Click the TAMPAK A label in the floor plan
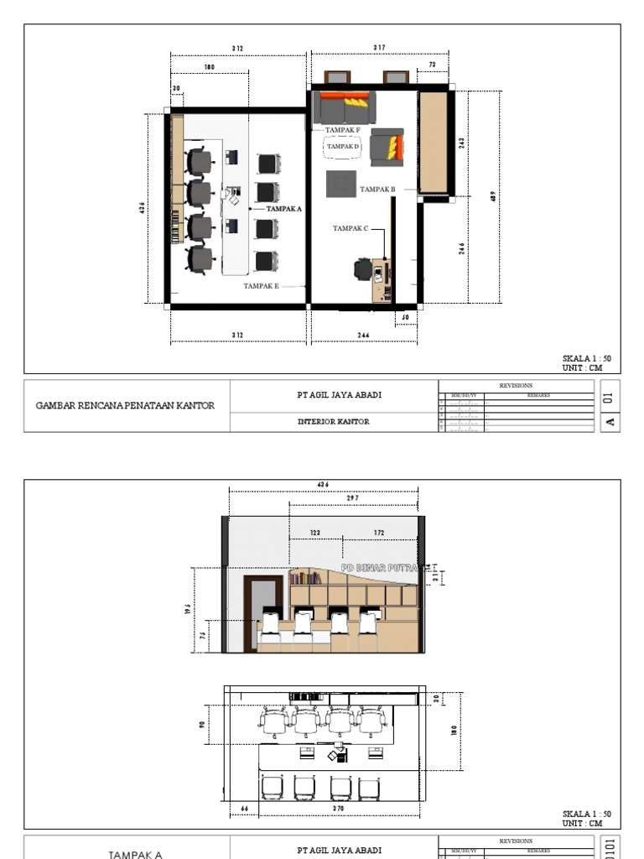click(284, 208)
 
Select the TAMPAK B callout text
click(377, 190)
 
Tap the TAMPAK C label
click(350, 228)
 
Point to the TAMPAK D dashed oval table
click(342, 147)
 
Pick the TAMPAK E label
click(261, 286)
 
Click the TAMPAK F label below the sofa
click(342, 130)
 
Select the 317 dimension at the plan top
click(379, 48)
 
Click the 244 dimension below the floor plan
click(363, 336)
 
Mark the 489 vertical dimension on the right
click(493, 196)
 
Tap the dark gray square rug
click(341, 184)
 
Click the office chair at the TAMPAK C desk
click(362, 269)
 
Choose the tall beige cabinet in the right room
click(433, 142)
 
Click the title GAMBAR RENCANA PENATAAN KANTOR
click(125, 405)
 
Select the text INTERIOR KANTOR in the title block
click(333, 422)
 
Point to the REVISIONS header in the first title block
click(516, 386)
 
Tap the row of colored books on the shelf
click(307, 577)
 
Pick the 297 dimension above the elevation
click(352, 498)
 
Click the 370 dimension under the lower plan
click(339, 809)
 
